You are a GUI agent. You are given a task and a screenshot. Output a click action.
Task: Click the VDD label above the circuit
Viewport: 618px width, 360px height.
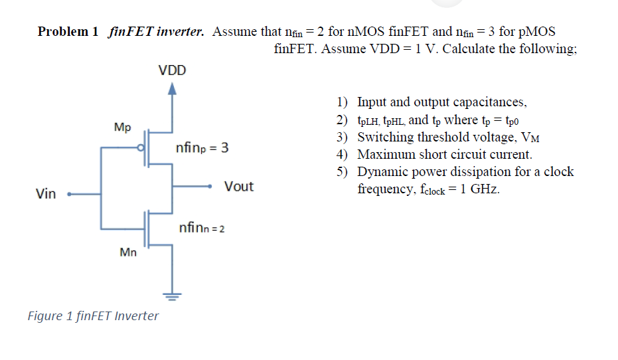tap(172, 70)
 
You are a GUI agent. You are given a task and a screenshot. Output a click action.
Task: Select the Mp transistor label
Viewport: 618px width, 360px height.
tap(122, 127)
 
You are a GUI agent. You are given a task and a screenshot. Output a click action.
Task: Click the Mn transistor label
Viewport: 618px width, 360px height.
tap(127, 252)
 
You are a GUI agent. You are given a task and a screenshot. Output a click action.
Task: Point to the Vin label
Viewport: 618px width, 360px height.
tap(46, 195)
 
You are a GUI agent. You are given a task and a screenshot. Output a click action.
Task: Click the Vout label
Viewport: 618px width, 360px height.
tap(238, 187)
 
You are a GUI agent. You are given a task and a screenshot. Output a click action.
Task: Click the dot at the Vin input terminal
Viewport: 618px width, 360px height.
tap(70, 195)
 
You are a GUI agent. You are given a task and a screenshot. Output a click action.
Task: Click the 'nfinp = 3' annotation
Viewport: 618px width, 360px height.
tap(202, 148)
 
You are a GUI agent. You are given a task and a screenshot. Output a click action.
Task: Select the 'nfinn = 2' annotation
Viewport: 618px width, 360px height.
tap(202, 228)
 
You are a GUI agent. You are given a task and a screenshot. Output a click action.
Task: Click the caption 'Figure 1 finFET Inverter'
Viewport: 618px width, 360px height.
tap(93, 315)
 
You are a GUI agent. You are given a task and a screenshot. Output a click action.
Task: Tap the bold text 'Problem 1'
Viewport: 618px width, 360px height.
tap(68, 31)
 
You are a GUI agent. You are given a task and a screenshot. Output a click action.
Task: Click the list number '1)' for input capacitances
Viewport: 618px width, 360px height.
tap(342, 102)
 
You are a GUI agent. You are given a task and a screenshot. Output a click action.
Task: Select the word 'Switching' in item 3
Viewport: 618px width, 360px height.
tap(383, 137)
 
